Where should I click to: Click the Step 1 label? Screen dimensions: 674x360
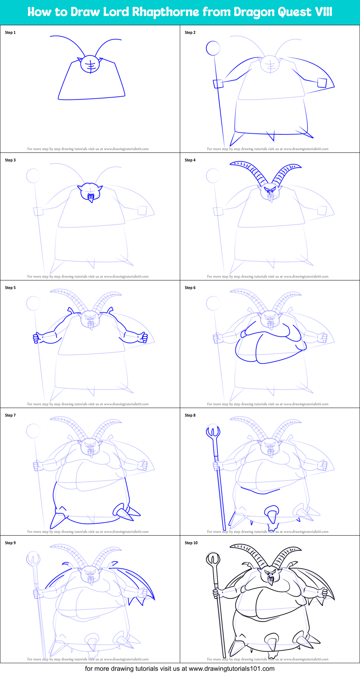[10, 32]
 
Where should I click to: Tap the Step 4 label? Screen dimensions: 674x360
[190, 160]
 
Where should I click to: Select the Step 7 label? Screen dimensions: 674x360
[10, 415]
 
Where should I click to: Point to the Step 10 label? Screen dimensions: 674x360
[191, 543]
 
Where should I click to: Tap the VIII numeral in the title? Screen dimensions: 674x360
[323, 12]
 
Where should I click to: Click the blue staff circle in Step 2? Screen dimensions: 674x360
[213, 48]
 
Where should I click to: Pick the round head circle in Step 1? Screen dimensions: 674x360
[90, 64]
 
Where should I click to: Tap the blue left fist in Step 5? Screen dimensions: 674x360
[36, 338]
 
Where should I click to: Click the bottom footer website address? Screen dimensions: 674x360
[231, 669]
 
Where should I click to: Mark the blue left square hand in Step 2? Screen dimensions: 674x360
[218, 84]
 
